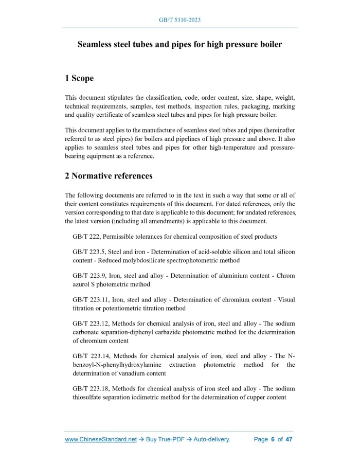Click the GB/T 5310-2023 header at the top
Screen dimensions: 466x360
tap(180, 20)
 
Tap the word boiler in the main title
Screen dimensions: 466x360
tap(269, 45)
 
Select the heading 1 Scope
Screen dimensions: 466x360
tap(79, 78)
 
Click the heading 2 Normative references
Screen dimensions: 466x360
tap(109, 176)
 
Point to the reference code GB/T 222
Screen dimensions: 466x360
tap(86, 237)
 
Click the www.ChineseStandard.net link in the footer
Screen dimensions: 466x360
tap(101, 440)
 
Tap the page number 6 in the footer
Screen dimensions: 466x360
tap(273, 440)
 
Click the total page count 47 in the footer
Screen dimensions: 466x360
tap(289, 440)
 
